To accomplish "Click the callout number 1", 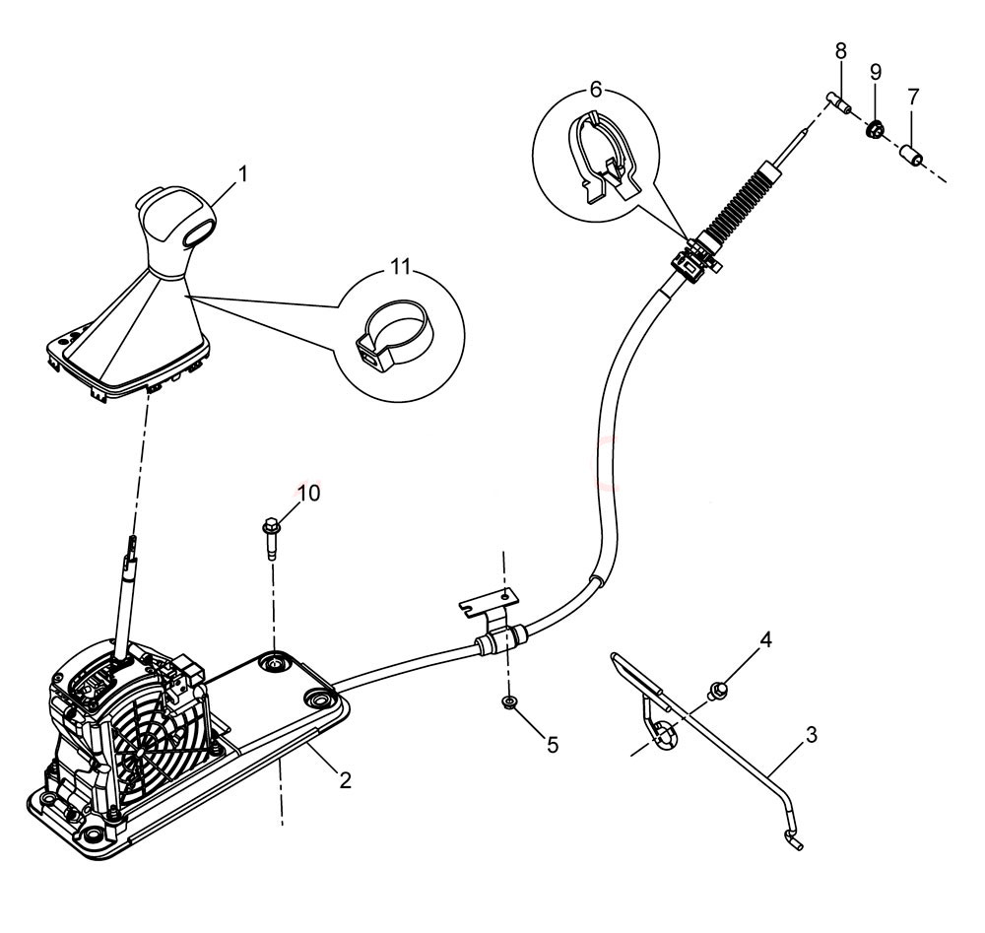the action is pos(243,174).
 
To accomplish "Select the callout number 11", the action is pos(400,266).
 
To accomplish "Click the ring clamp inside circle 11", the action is pos(395,335).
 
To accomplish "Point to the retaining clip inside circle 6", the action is pos(603,156).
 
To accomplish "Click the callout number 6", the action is pos(596,90).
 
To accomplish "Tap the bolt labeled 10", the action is pos(272,537).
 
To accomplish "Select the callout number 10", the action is pos(309,493).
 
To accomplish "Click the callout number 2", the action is pos(345,781).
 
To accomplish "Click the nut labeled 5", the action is pos(509,701).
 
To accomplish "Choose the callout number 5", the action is pos(553,745).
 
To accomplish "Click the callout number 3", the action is pos(812,734).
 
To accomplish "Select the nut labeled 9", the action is pos(875,129).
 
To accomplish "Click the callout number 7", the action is pos(913,97).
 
